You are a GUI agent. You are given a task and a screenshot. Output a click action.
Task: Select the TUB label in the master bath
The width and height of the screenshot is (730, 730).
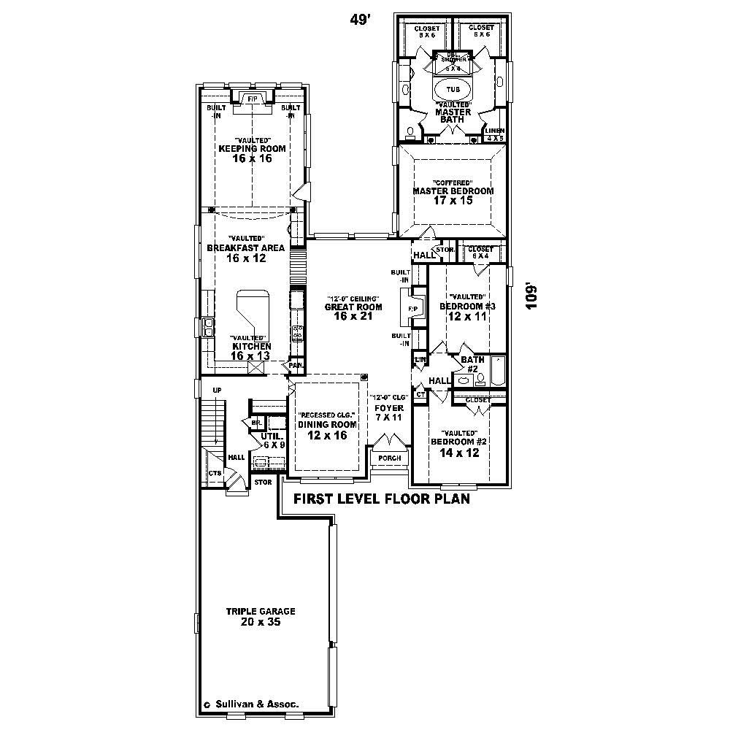click(x=453, y=88)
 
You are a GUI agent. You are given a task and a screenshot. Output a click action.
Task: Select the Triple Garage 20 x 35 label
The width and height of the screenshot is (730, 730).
click(x=260, y=617)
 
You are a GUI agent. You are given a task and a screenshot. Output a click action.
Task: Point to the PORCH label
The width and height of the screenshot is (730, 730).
click(x=389, y=458)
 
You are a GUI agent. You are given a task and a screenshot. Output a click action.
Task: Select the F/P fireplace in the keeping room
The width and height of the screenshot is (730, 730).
click(x=252, y=99)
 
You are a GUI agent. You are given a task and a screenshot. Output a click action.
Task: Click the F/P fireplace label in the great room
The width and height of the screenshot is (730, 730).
click(x=412, y=309)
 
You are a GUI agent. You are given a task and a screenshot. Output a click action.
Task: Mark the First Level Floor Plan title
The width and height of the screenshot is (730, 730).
click(x=380, y=501)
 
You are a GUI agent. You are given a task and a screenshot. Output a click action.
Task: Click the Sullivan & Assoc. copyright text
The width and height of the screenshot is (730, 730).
click(x=256, y=705)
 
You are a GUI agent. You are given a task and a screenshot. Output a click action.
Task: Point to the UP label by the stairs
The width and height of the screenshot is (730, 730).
click(x=216, y=391)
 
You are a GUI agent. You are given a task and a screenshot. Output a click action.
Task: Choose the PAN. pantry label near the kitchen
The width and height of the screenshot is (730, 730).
click(x=296, y=365)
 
